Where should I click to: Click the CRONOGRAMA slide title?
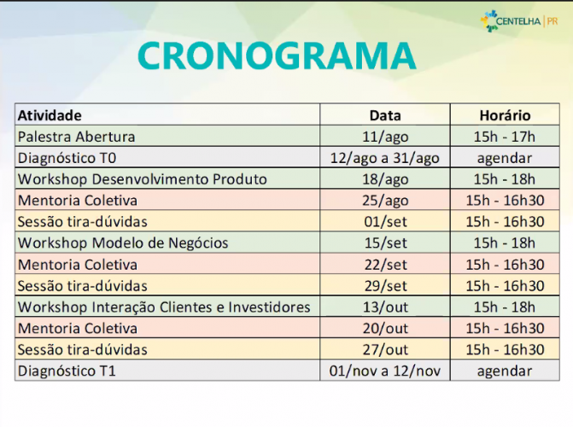coord(276,56)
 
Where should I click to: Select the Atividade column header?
coord(50,115)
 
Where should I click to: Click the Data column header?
coord(384,115)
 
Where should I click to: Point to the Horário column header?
coord(504,115)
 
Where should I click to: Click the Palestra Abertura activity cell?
coord(76,137)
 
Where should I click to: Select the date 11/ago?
coord(384,137)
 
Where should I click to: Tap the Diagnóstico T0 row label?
coord(67,158)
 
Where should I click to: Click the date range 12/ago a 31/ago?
coord(384,158)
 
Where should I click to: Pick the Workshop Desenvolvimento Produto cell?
coord(142,179)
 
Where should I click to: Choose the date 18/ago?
coord(384,179)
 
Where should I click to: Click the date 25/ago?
coord(384,201)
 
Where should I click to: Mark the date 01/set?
coord(384,222)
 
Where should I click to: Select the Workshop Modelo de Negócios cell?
coord(123,243)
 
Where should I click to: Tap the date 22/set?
coord(384,265)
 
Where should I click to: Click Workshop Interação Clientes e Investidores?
coord(164,307)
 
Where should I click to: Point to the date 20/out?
coord(384,329)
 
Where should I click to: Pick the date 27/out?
coord(384,350)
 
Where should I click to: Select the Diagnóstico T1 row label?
coord(67,371)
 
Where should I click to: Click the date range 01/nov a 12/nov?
coord(384,371)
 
